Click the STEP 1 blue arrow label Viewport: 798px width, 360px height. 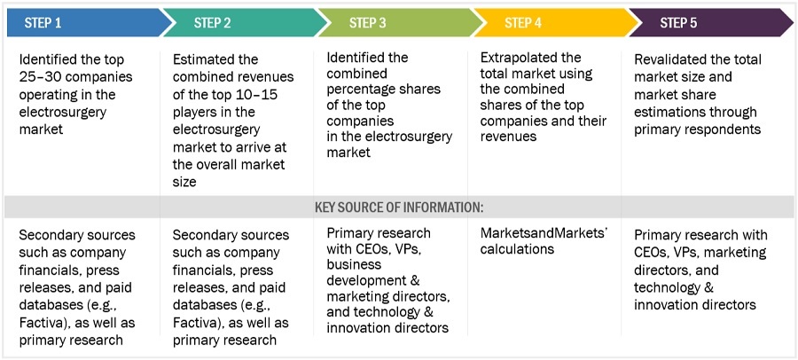43,22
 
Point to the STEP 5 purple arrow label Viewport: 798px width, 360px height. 680,22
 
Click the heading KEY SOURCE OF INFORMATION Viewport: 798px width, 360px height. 399,207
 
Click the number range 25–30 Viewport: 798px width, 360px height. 40,77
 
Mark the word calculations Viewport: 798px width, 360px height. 517,249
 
